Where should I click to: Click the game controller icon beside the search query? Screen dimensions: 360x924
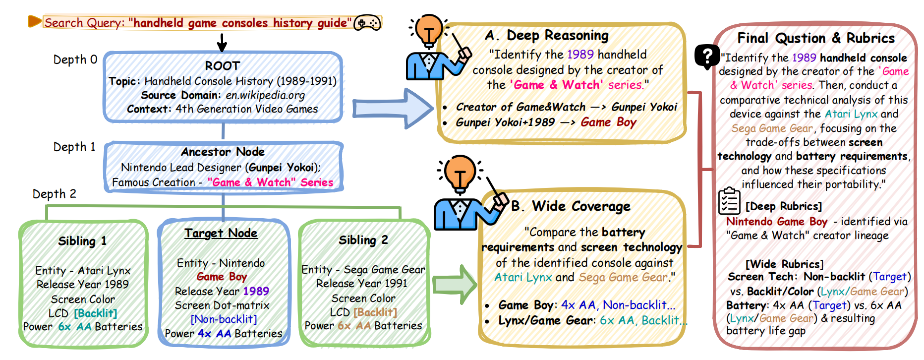(x=367, y=23)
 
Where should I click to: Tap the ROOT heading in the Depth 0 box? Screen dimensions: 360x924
(x=223, y=66)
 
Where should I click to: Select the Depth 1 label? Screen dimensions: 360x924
(x=74, y=147)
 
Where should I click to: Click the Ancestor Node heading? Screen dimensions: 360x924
(x=223, y=152)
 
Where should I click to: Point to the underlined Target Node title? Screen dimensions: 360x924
(x=221, y=233)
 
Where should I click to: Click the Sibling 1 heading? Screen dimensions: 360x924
(x=82, y=241)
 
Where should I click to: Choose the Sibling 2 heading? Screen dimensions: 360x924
(x=363, y=240)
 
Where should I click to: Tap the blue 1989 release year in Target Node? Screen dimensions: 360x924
(x=256, y=291)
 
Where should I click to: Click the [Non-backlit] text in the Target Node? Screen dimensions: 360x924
(x=224, y=319)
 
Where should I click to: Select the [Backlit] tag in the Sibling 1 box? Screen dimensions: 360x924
(x=96, y=313)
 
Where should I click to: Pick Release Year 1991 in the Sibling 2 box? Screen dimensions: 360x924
(x=362, y=284)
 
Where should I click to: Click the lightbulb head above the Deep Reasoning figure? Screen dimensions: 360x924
(x=429, y=29)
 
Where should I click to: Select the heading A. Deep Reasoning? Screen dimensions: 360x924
(x=547, y=36)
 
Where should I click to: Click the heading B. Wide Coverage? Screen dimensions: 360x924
(x=571, y=206)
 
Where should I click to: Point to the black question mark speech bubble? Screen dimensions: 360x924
(x=706, y=56)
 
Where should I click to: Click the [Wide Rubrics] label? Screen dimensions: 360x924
(x=784, y=264)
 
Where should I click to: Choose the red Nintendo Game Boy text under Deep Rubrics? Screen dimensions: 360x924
(x=776, y=222)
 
